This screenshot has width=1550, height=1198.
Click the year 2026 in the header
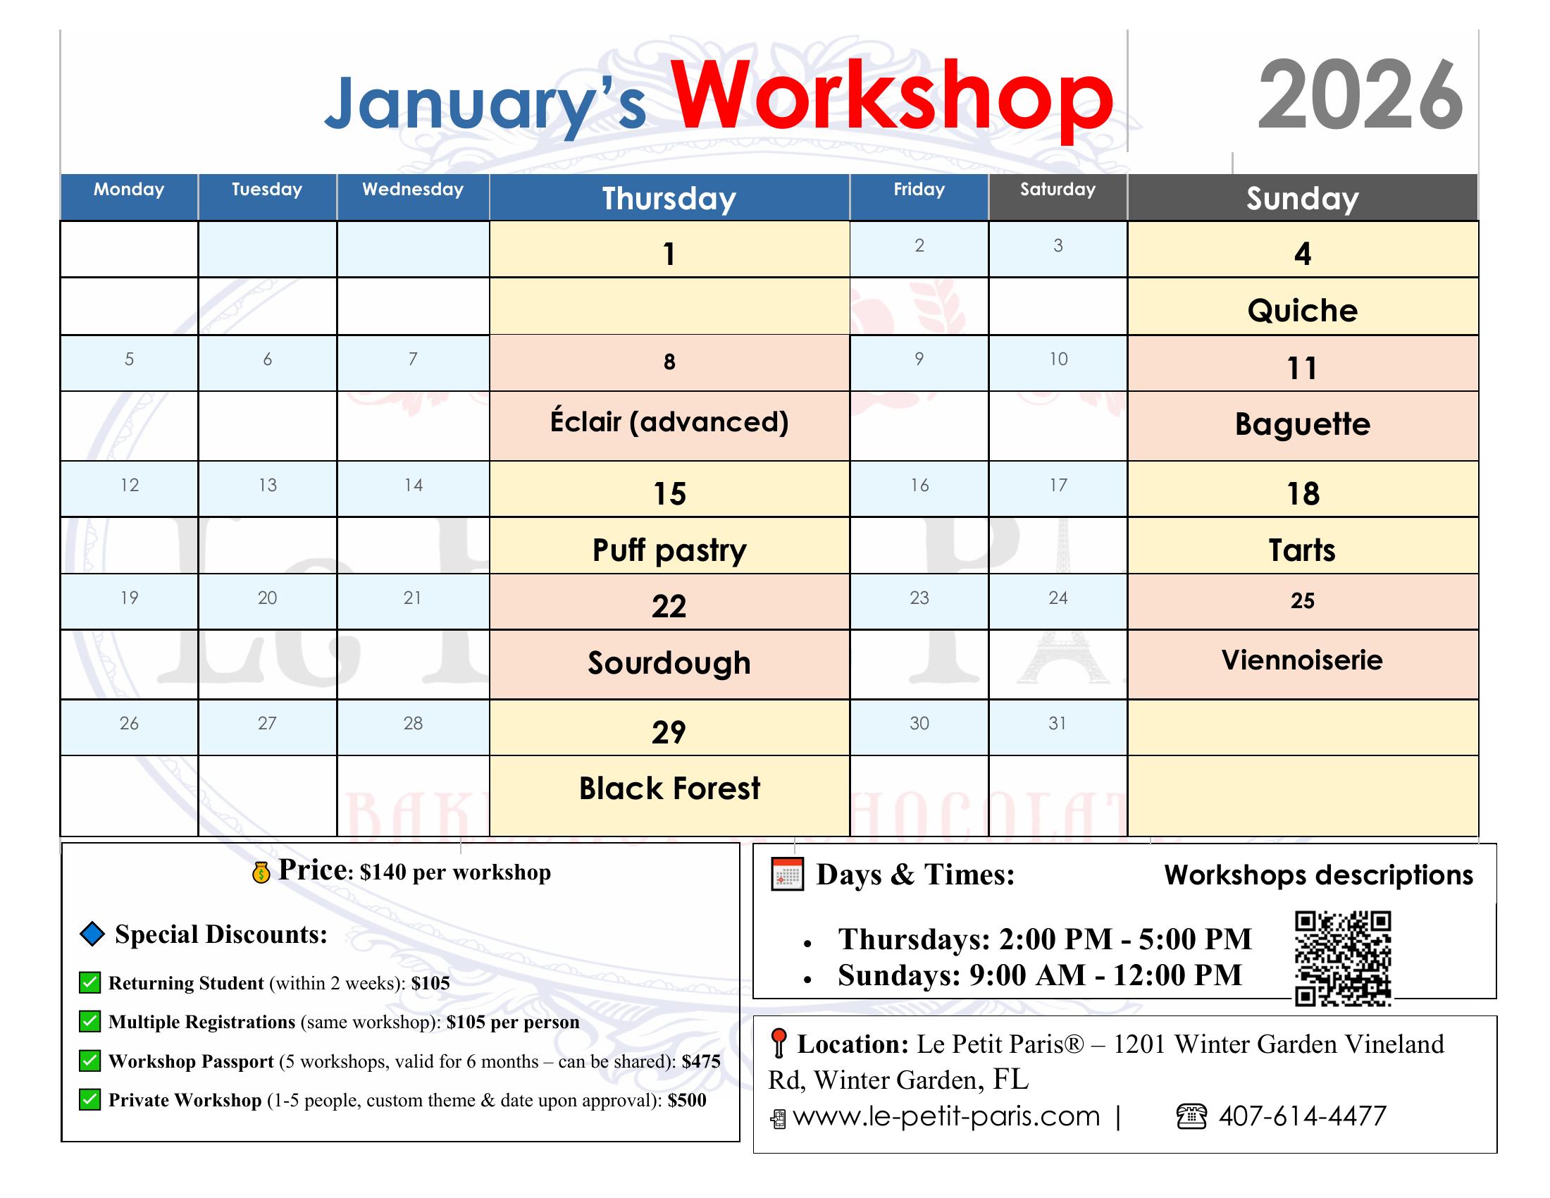[1360, 95]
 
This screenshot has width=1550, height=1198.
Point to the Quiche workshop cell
[1302, 310]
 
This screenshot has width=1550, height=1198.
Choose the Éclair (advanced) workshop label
[669, 421]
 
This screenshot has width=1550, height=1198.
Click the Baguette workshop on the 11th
[1302, 424]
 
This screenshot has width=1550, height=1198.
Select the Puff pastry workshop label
[669, 551]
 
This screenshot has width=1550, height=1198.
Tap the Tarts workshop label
[1302, 550]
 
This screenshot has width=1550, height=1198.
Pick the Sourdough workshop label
[669, 663]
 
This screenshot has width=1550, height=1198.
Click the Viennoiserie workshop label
[1302, 660]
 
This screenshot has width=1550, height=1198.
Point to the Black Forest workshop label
[669, 788]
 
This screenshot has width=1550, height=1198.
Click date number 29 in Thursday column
[669, 732]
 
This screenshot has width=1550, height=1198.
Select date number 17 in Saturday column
[1058, 485]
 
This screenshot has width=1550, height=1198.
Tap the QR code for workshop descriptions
[1343, 959]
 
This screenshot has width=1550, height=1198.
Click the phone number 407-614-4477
[1302, 1116]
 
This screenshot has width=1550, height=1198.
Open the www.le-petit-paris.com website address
[946, 1116]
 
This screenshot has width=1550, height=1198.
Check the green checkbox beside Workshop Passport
[89, 1061]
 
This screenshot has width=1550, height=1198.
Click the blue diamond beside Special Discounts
[92, 934]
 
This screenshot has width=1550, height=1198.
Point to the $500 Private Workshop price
[687, 1100]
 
